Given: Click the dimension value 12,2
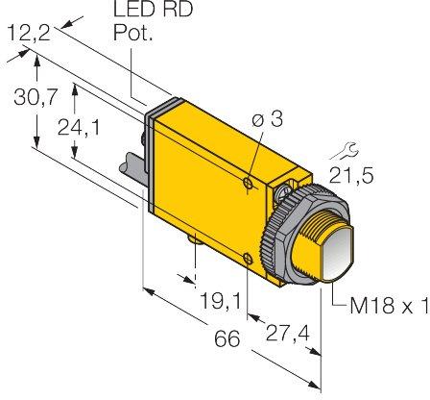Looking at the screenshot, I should (x=27, y=35).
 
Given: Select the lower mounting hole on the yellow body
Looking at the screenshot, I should (x=251, y=257).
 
